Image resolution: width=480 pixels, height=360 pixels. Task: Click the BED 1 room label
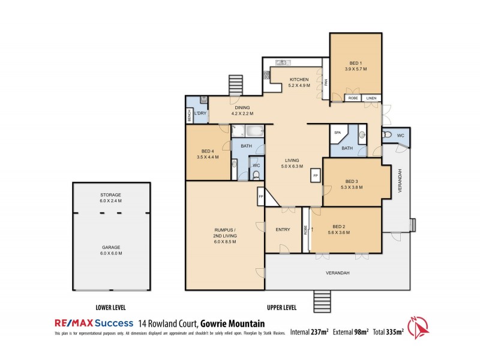click(x=355, y=62)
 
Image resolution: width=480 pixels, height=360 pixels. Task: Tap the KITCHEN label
click(x=299, y=80)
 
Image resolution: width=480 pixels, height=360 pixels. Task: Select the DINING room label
click(x=242, y=108)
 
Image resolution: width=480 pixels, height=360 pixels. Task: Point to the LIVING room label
click(x=293, y=160)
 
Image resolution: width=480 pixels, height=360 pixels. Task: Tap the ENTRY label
click(x=283, y=229)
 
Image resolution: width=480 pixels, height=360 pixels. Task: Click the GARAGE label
click(x=111, y=247)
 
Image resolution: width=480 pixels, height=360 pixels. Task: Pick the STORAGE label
click(x=111, y=196)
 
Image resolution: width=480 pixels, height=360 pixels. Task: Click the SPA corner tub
click(x=337, y=134)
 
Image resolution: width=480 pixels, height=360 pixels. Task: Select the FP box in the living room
click(x=315, y=175)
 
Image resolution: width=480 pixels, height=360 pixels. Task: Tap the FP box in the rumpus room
click(x=260, y=196)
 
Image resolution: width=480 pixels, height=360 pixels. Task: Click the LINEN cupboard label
click(x=371, y=98)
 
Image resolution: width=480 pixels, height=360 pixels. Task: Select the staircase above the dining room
click(x=235, y=86)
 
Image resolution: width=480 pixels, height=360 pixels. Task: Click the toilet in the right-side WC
click(x=387, y=134)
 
